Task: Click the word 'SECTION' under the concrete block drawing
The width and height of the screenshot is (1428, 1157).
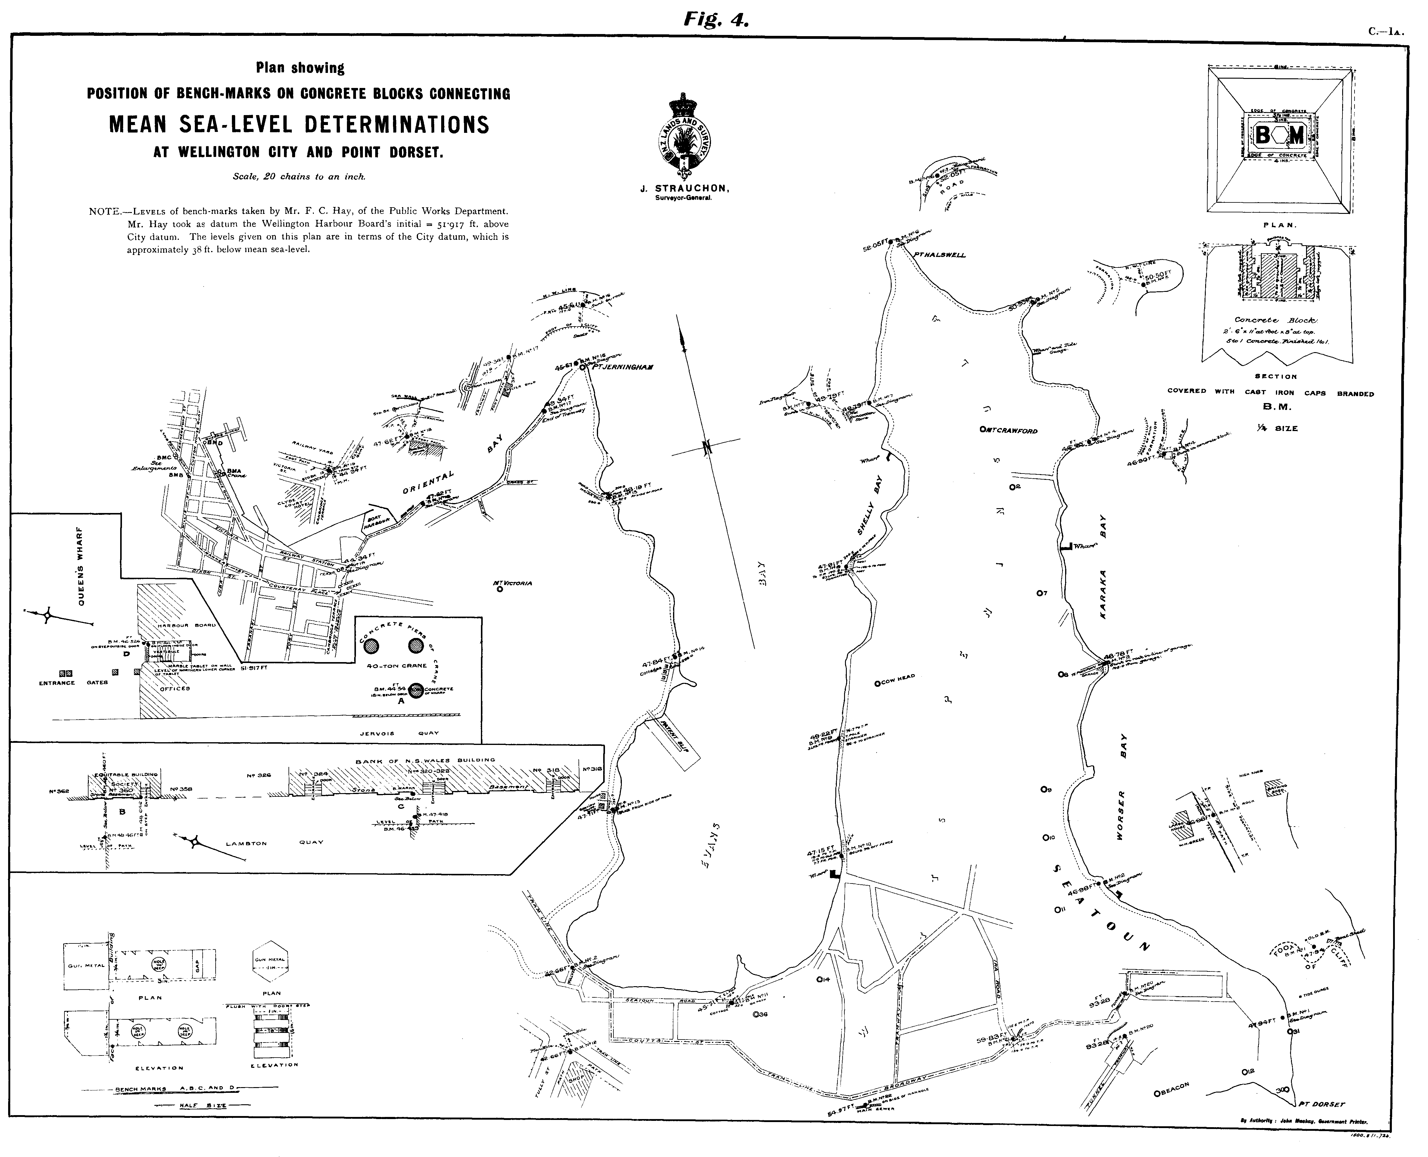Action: click(1275, 377)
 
